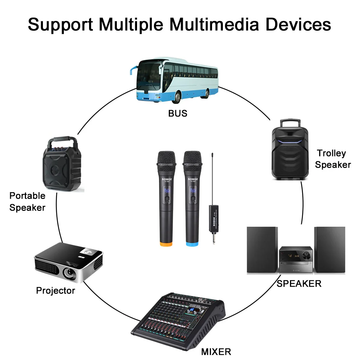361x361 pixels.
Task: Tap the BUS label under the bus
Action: coord(178,113)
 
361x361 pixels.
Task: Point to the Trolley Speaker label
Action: coord(333,159)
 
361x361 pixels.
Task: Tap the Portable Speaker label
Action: coord(27,202)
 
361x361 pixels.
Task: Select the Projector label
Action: coord(56,290)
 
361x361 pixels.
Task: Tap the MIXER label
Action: coord(216,351)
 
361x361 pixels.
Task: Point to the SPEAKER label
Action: coord(299,283)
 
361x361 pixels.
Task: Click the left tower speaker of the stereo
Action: coord(262,250)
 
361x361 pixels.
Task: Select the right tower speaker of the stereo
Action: coord(330,250)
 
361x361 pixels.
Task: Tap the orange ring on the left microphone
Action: coord(166,244)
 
